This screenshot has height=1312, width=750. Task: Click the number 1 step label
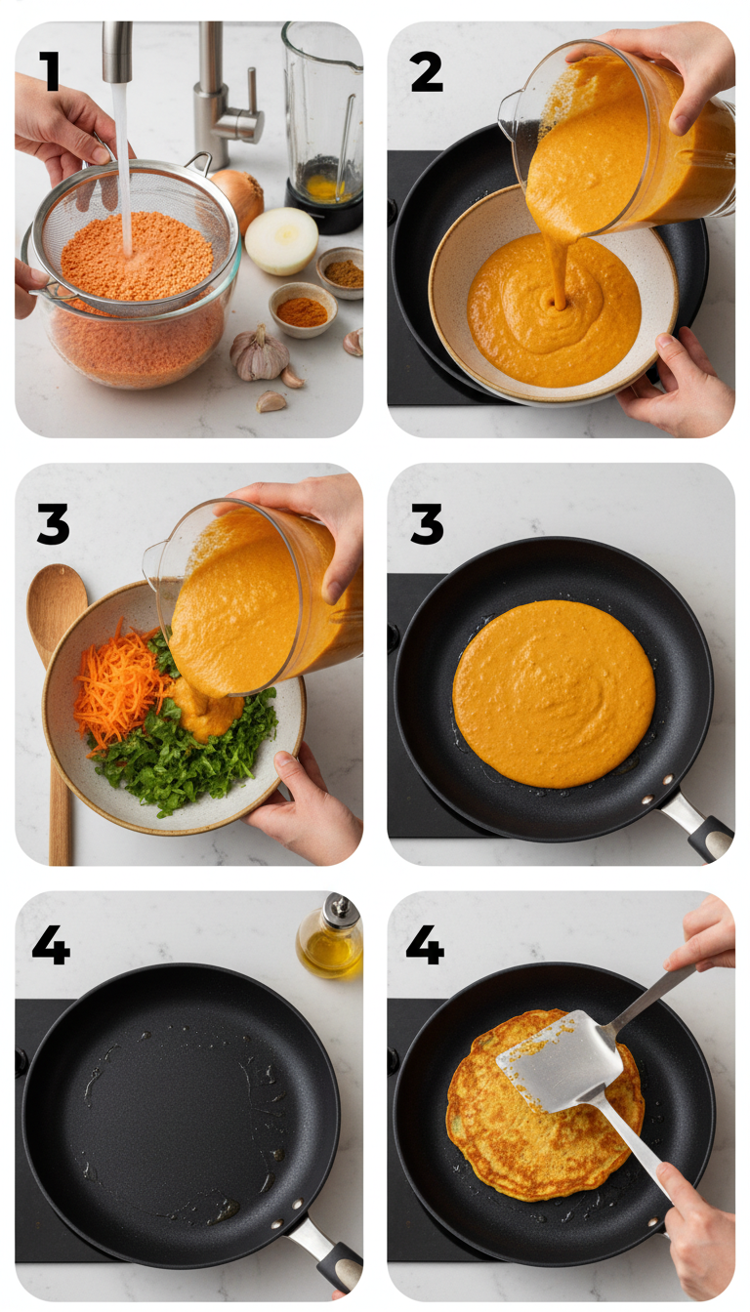point(49,70)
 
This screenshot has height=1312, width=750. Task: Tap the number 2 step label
point(427,71)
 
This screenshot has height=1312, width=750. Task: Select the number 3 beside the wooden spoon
point(53,524)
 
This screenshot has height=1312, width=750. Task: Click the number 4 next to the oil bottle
point(51,945)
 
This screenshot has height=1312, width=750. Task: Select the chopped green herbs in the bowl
point(186,757)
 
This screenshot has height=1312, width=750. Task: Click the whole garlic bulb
point(259,353)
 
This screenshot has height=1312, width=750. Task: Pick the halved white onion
point(281,240)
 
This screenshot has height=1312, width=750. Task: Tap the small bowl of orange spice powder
point(302,310)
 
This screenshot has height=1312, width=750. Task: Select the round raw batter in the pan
point(553,693)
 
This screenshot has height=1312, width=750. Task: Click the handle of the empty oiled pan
point(327,1249)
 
